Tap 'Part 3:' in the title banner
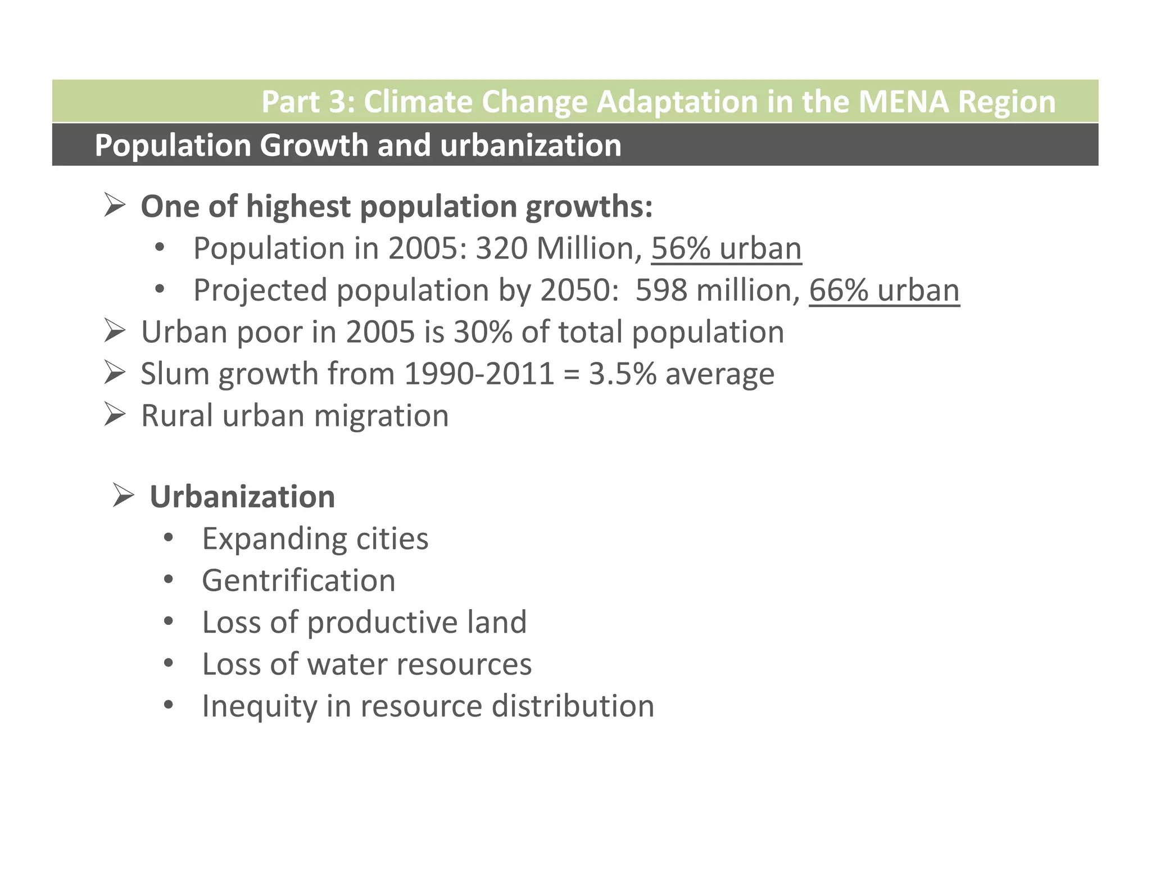click(x=308, y=102)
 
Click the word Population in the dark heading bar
click(x=173, y=146)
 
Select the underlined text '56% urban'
click(x=726, y=248)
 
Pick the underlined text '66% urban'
click(x=884, y=291)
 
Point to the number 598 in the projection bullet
click(x=661, y=291)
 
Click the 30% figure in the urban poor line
click(x=483, y=332)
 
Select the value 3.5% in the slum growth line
click(x=622, y=374)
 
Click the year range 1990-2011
click(x=479, y=374)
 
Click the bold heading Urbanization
click(x=242, y=497)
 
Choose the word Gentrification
click(x=298, y=580)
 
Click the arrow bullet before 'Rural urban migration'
click(x=114, y=415)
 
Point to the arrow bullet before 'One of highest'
click(x=114, y=206)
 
